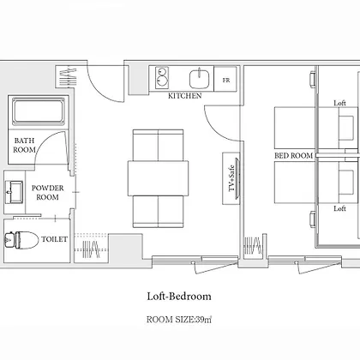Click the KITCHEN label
pyautogui.click(x=184, y=96)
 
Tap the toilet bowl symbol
pyautogui.click(x=21, y=240)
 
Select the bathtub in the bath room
pyautogui.click(x=39, y=111)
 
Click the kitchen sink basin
pyautogui.click(x=200, y=79)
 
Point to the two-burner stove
pyautogui.click(x=162, y=77)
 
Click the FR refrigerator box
pyautogui.click(x=225, y=79)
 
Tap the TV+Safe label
pyautogui.click(x=231, y=178)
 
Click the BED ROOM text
pyautogui.click(x=294, y=156)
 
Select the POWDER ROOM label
pyautogui.click(x=47, y=192)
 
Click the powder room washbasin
pyautogui.click(x=14, y=192)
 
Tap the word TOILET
pyautogui.click(x=55, y=239)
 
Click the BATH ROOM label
pyautogui.click(x=25, y=145)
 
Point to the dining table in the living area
pyautogui.click(x=158, y=178)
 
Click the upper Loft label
pyautogui.click(x=339, y=103)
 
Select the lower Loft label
pyautogui.click(x=339, y=208)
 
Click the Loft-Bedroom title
pyautogui.click(x=179, y=297)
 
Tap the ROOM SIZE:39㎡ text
pyautogui.click(x=179, y=320)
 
